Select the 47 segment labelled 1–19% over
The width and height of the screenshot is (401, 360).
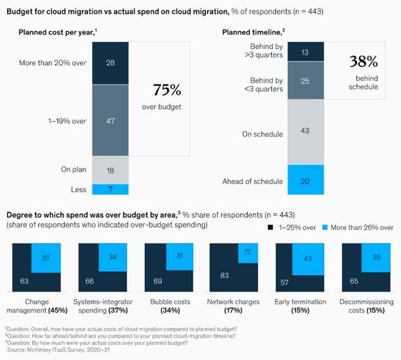point(111,120)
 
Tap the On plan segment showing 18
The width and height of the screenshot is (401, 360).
point(111,171)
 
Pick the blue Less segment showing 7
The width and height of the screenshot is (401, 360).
point(111,189)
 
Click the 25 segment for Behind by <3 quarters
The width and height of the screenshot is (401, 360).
point(305,81)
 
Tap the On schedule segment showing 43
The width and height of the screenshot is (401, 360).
point(305,131)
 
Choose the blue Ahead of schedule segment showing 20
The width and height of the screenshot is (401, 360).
point(305,181)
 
